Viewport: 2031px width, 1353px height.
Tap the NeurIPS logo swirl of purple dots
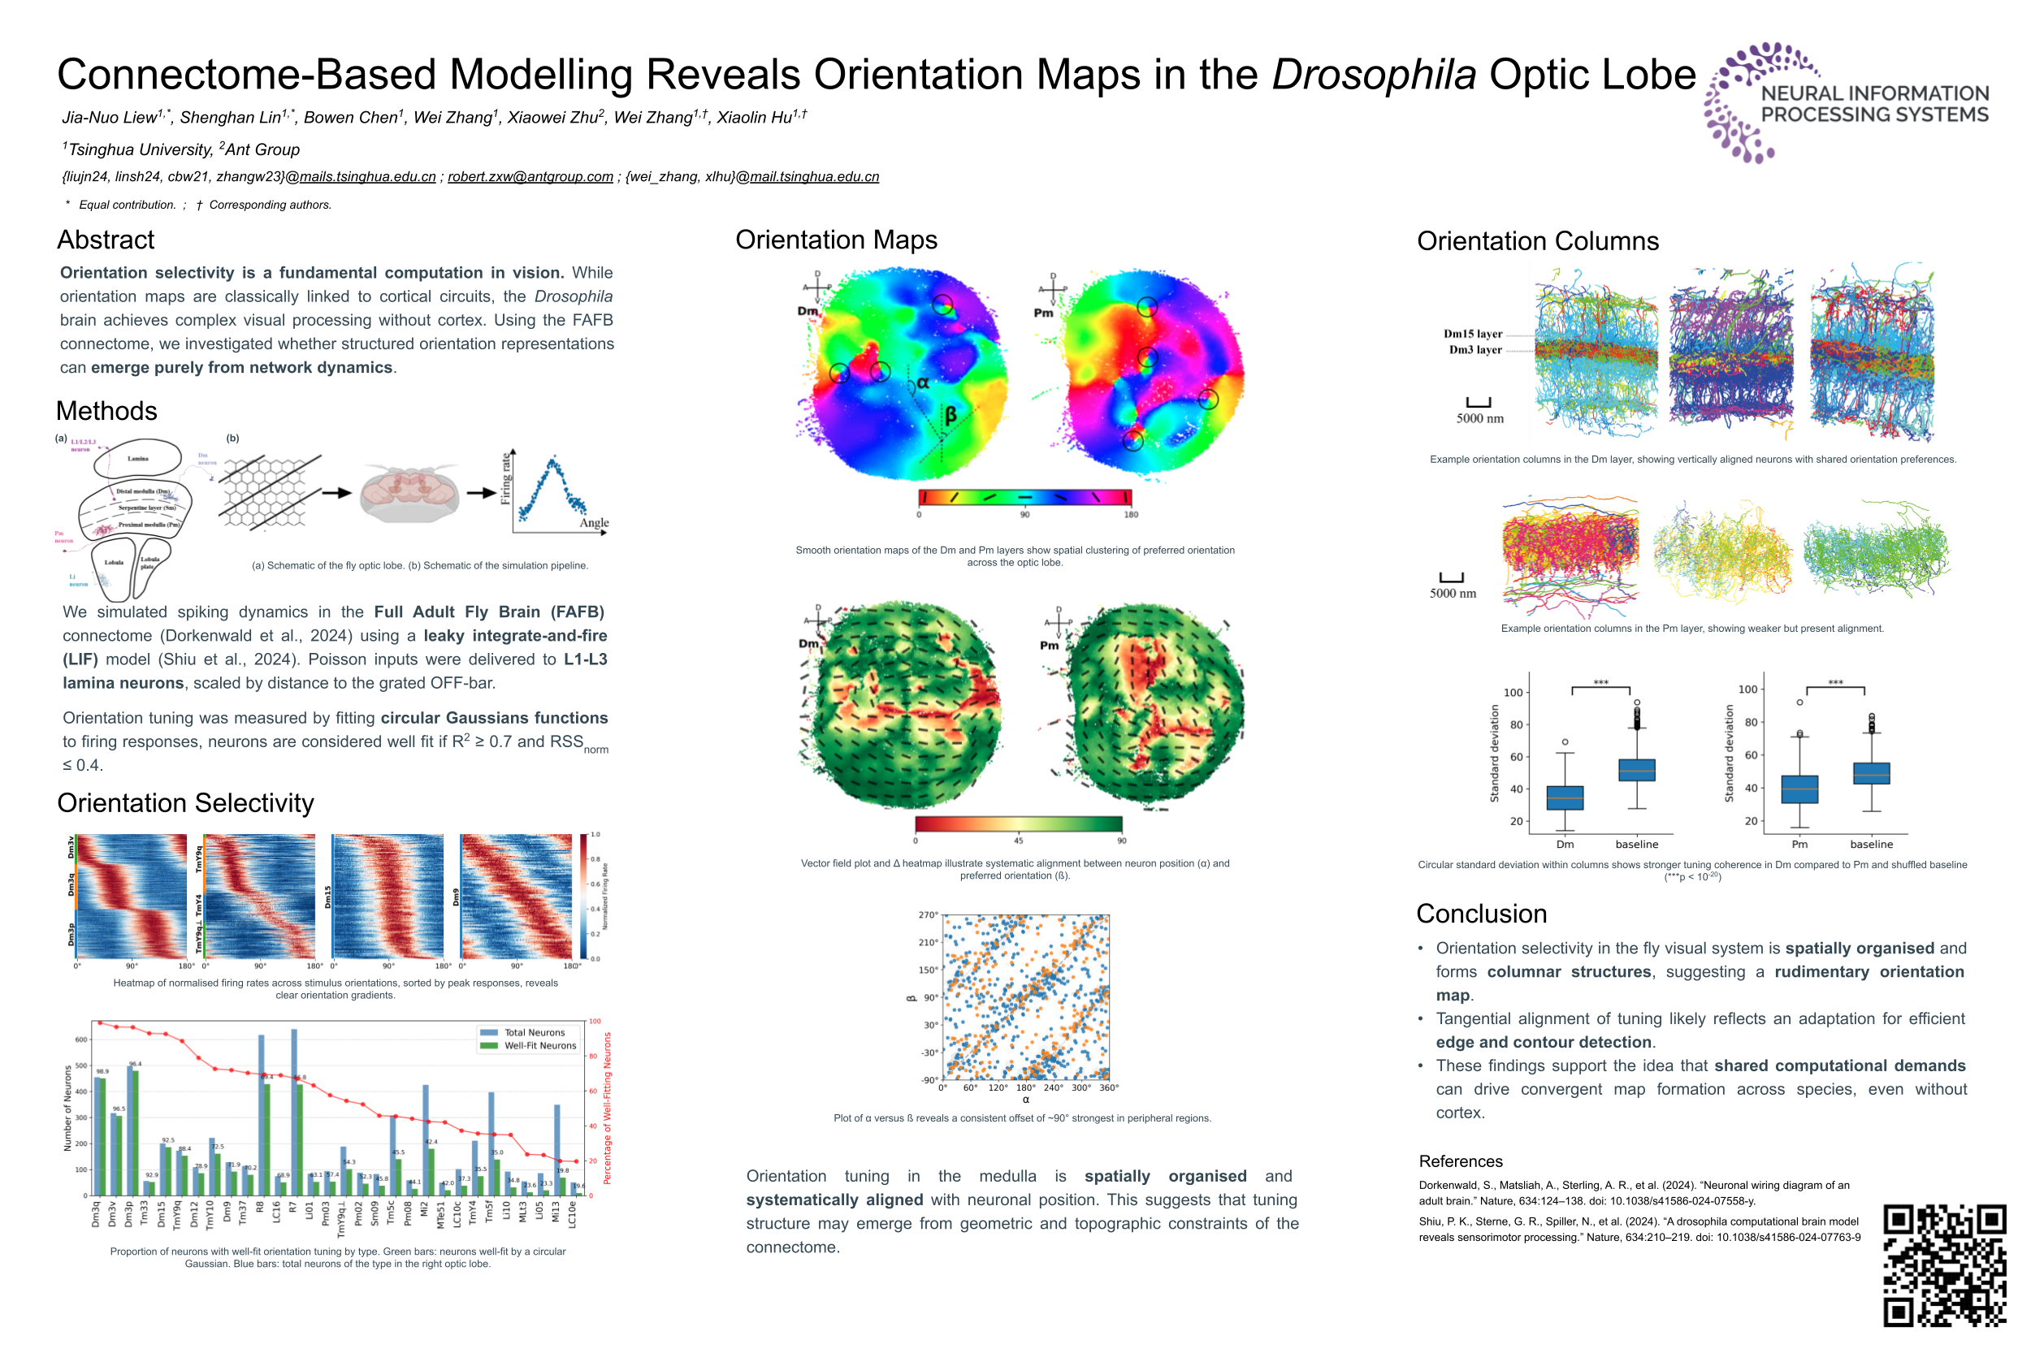click(1735, 102)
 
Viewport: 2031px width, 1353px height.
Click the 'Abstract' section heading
click(106, 240)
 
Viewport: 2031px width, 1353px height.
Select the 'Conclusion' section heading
click(1480, 913)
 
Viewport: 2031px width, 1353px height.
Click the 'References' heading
click(1460, 1161)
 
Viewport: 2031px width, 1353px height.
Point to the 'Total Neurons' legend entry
click(534, 1032)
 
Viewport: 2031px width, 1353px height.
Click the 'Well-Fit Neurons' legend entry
click(539, 1045)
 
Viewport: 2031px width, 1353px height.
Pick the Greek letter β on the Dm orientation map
click(950, 415)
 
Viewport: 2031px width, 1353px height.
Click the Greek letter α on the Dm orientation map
click(922, 383)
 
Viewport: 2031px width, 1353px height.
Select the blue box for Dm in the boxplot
click(1564, 798)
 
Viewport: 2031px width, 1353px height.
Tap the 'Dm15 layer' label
click(1472, 334)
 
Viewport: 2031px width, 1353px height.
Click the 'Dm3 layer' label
click(1475, 349)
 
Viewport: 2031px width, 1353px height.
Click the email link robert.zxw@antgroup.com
click(530, 177)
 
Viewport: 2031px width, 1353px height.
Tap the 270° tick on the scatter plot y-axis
click(927, 914)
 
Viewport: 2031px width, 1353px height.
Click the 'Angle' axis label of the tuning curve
click(594, 523)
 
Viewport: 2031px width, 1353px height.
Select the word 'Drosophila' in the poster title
click(1373, 74)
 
